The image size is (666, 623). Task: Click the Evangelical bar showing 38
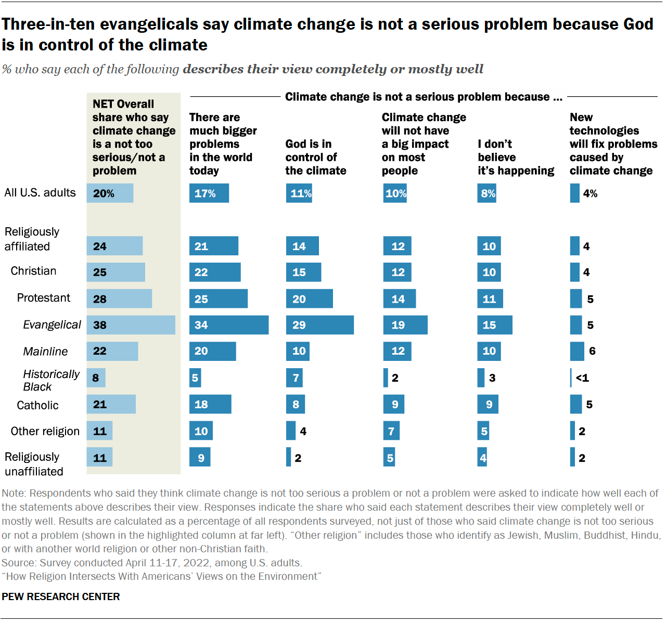(x=131, y=325)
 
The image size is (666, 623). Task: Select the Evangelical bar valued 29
(x=319, y=325)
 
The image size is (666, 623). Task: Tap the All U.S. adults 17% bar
(x=209, y=193)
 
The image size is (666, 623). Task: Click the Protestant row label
(x=43, y=298)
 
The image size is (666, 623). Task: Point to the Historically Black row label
(x=51, y=380)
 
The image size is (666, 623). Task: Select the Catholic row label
(x=37, y=405)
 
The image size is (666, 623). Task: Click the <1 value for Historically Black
(x=582, y=378)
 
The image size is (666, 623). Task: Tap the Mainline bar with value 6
(x=577, y=351)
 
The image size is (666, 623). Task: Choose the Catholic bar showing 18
(x=210, y=404)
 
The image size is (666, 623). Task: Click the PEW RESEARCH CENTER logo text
(x=61, y=596)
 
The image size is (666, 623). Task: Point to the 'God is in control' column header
(x=315, y=157)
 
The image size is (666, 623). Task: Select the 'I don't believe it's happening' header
(x=516, y=157)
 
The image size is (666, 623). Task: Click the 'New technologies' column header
(x=613, y=144)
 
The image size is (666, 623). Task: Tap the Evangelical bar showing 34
(x=229, y=325)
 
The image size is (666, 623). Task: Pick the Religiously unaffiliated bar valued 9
(x=200, y=457)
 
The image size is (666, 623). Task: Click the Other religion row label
(x=45, y=431)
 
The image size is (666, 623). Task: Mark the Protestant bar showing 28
(x=119, y=298)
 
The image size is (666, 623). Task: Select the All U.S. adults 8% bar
(x=486, y=193)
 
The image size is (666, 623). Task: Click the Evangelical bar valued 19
(x=405, y=325)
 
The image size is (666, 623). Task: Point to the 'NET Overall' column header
(x=133, y=137)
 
